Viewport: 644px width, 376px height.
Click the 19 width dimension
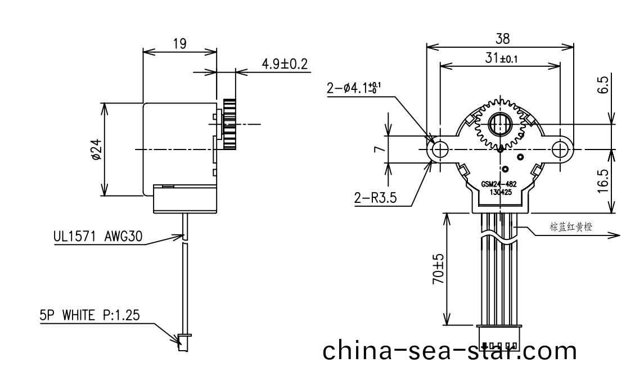point(180,44)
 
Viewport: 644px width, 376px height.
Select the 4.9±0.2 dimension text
point(285,64)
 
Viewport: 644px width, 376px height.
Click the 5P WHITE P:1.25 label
point(90,316)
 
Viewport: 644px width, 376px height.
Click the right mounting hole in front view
point(561,150)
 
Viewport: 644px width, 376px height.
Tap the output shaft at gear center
point(499,124)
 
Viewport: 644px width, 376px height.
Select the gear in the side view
point(230,124)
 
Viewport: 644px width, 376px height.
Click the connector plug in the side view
point(182,341)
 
